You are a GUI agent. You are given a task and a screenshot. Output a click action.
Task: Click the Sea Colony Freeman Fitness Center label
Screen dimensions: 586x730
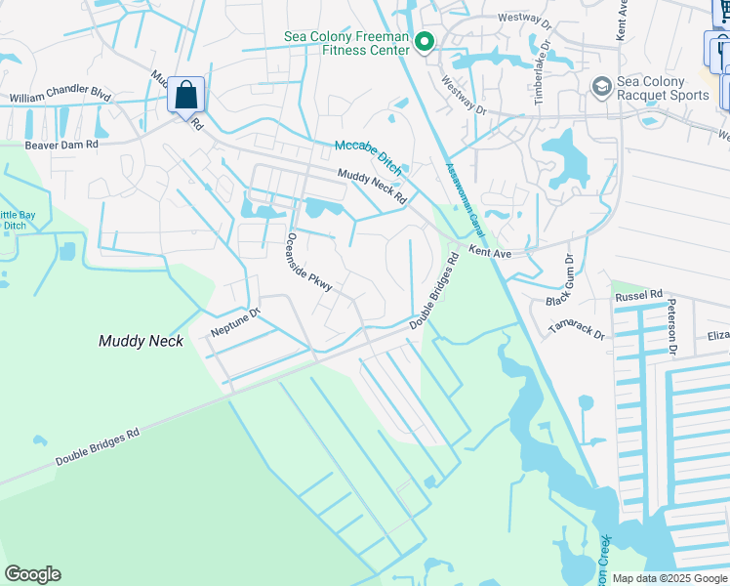tap(344, 43)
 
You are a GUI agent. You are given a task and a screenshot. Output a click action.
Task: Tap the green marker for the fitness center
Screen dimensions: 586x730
tap(425, 41)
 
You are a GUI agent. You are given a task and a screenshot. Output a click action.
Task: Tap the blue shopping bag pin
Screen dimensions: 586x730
tap(185, 96)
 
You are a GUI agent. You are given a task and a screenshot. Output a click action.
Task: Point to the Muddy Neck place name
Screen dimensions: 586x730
tap(141, 341)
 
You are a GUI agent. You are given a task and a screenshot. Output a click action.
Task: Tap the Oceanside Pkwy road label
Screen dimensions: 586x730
tap(310, 262)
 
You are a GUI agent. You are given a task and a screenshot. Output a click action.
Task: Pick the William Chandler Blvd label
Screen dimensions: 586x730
tap(60, 98)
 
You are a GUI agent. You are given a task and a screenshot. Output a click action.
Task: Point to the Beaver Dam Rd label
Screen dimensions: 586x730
tap(62, 144)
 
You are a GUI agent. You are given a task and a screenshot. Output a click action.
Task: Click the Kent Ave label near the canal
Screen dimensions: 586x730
tap(490, 252)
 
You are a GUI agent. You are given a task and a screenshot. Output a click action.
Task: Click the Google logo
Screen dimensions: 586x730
tap(32, 574)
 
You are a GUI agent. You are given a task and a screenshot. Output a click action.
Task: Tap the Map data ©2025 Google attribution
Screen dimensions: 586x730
tap(669, 578)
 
